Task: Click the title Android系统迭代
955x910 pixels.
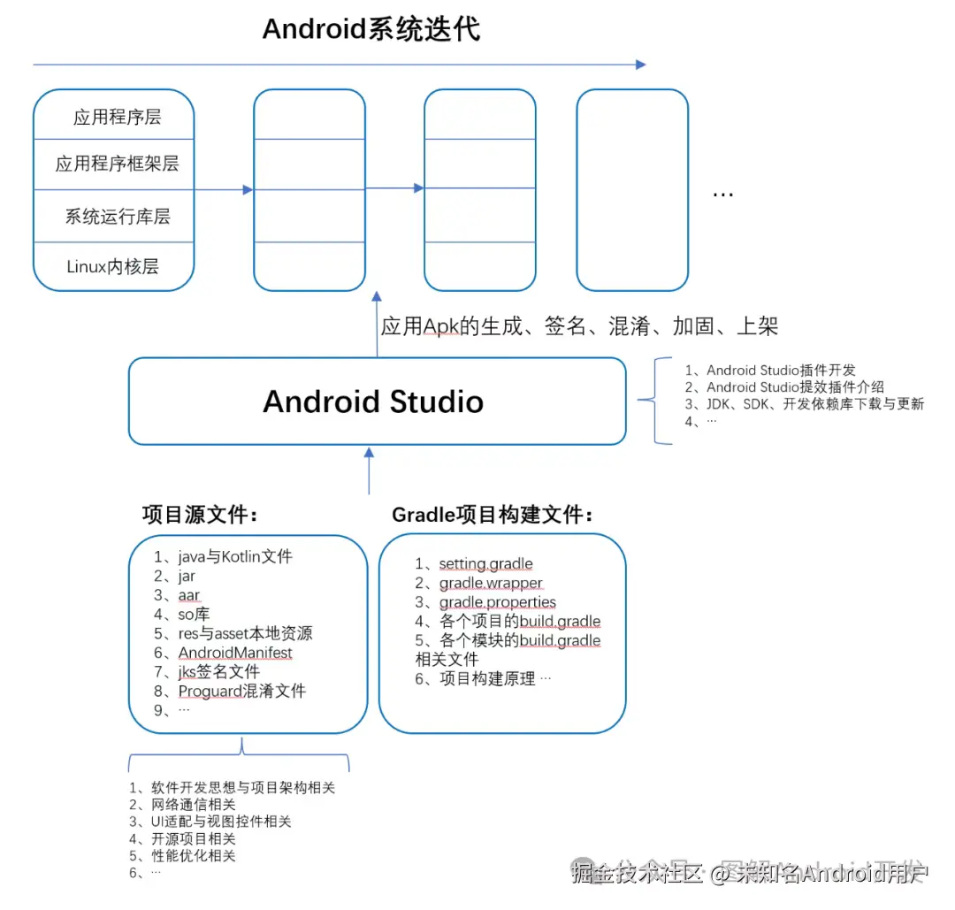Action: [x=371, y=29]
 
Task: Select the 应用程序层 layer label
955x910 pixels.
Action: [x=118, y=118]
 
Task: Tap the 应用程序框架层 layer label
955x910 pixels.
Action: [x=118, y=164]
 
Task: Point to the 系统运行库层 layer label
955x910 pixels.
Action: [x=118, y=217]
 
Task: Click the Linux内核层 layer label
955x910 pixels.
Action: [x=113, y=266]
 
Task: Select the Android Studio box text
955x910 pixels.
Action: [x=373, y=401]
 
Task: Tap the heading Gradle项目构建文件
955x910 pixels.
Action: [x=492, y=514]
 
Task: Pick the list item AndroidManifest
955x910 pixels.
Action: [x=235, y=653]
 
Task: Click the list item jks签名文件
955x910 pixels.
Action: [x=219, y=672]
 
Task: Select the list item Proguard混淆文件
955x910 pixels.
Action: [x=242, y=691]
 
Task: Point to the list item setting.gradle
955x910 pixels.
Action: [x=485, y=564]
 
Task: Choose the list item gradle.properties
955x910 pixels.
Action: [x=498, y=602]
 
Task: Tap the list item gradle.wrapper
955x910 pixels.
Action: [x=491, y=584]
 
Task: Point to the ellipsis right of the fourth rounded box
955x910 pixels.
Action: [x=722, y=193]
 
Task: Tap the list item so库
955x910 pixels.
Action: [x=194, y=615]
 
